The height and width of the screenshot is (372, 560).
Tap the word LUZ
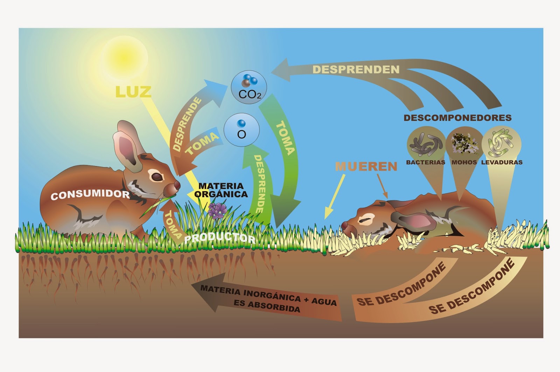tap(133, 92)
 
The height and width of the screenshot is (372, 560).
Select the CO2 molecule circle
tap(249, 87)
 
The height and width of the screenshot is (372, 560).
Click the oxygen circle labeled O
tap(241, 130)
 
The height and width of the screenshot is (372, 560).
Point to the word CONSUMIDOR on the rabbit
tap(90, 194)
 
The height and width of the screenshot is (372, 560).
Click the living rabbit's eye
tap(157, 177)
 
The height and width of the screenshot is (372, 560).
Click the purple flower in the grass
tap(217, 211)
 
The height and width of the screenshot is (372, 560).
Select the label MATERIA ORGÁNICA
tap(221, 190)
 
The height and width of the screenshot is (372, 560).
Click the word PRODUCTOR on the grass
tap(219, 238)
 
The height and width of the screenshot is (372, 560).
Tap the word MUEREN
tap(366, 166)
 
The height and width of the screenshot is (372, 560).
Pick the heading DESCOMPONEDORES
tap(457, 118)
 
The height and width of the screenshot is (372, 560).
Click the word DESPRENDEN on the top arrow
tap(356, 69)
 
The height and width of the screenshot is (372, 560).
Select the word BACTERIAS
tap(425, 162)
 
